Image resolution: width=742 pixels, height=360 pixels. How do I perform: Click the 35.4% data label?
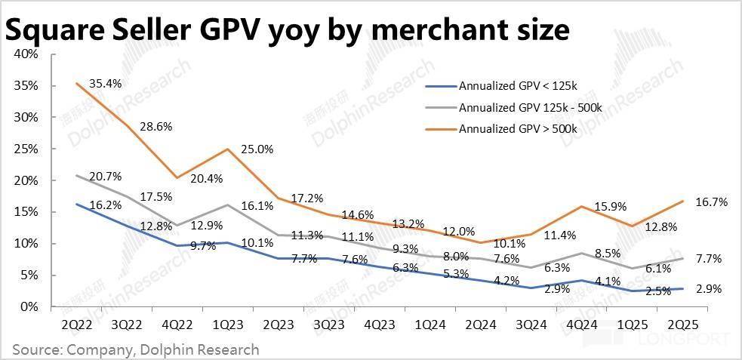pyautogui.click(x=104, y=82)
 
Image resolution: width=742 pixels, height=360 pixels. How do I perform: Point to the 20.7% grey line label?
pyautogui.click(x=104, y=177)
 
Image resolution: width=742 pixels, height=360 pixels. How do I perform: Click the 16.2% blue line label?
pyautogui.click(x=104, y=205)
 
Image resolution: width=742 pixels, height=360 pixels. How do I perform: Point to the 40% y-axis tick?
pyautogui.click(x=26, y=54)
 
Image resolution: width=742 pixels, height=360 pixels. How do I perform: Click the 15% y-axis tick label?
pyautogui.click(x=26, y=212)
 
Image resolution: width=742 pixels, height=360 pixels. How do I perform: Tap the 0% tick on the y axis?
pyautogui.click(x=29, y=306)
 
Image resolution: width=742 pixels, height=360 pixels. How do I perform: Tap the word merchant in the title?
pyautogui.click(x=426, y=30)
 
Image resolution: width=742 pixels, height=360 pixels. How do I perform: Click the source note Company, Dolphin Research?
pyautogui.click(x=163, y=349)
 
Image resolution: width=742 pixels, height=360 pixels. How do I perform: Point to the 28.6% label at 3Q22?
pyautogui.click(x=156, y=126)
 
